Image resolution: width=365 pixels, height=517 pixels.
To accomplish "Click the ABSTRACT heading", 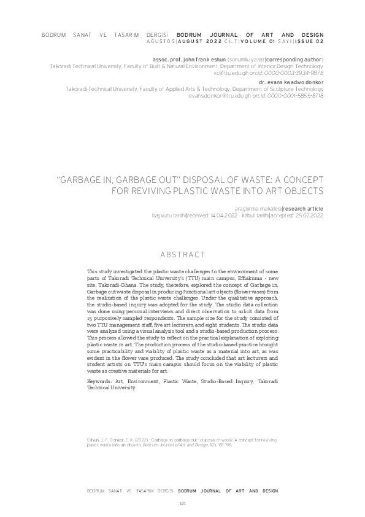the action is pos(182,254).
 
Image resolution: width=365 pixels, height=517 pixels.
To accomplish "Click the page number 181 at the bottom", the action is pos(182,503).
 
